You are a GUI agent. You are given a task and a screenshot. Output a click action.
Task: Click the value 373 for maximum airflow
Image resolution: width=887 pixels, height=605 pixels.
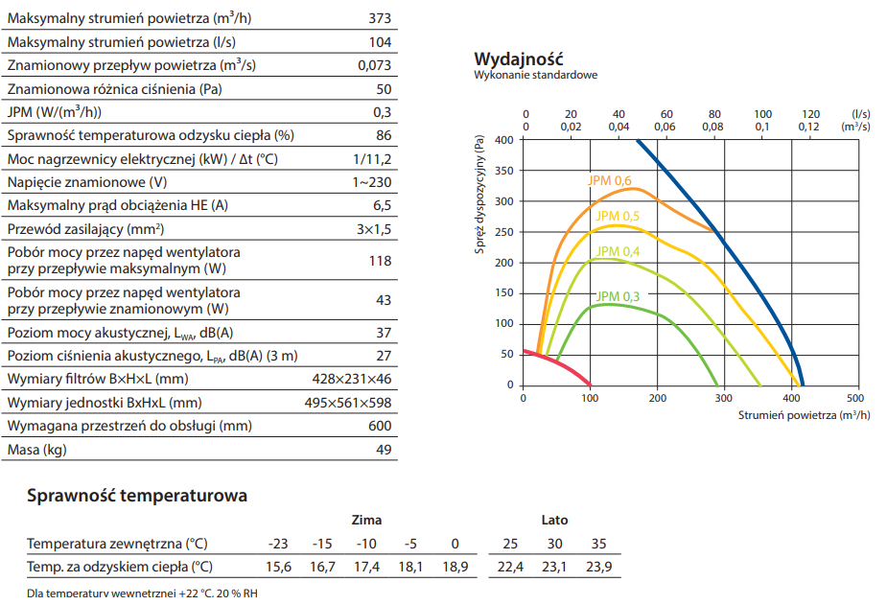click(380, 19)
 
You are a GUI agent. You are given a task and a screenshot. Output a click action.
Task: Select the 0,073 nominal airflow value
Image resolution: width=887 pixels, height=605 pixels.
click(374, 65)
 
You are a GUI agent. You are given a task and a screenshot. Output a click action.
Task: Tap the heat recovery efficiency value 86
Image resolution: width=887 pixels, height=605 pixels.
click(384, 135)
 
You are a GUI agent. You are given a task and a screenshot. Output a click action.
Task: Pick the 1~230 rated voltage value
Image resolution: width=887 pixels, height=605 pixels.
click(372, 182)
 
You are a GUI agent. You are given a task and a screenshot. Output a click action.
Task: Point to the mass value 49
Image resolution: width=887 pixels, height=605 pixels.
click(384, 450)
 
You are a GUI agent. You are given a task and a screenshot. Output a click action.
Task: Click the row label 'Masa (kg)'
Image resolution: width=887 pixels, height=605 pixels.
click(37, 450)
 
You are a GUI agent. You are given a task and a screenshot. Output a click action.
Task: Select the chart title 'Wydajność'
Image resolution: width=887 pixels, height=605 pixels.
click(518, 58)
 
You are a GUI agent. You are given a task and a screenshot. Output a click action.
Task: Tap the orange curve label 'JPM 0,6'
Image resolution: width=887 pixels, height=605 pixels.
click(610, 180)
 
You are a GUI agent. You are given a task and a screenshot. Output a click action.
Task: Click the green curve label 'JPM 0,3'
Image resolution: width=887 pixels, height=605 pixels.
click(618, 296)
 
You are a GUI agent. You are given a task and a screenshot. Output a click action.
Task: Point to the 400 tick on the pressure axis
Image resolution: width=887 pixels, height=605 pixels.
click(504, 140)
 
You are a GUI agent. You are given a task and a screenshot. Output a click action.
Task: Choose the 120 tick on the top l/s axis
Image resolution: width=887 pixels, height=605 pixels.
click(810, 113)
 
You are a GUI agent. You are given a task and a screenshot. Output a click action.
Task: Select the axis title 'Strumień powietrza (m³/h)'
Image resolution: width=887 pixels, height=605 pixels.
click(804, 415)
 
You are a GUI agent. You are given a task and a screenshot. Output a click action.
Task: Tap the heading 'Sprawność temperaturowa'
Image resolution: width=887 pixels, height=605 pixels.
click(137, 496)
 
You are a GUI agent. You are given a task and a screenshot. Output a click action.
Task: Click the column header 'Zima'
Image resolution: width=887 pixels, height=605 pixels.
click(366, 521)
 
